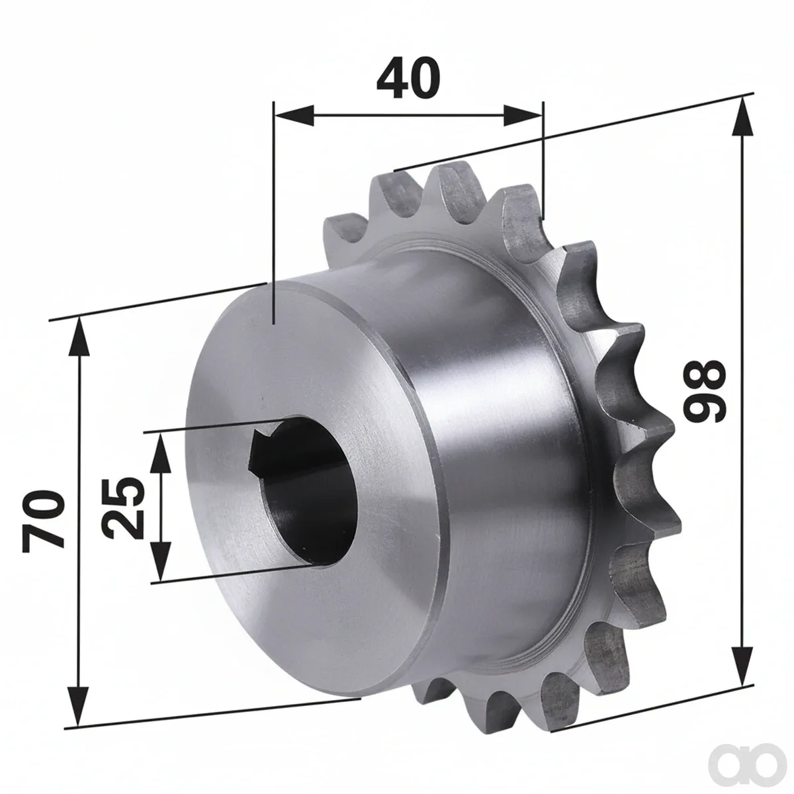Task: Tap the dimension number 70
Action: click(44, 521)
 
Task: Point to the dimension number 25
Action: click(123, 508)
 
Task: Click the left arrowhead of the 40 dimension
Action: click(294, 115)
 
